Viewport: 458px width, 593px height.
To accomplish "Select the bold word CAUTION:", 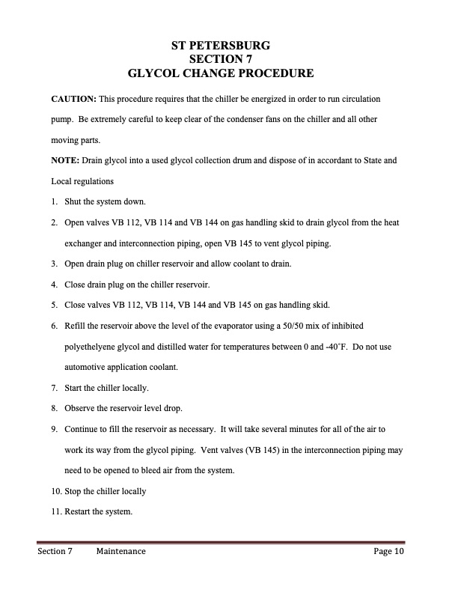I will coord(73,99).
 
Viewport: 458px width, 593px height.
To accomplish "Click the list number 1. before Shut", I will coord(55,202).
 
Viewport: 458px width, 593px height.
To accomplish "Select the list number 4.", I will coord(55,285).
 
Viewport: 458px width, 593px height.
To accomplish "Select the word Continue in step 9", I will coord(82,430).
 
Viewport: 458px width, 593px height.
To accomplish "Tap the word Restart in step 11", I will coord(78,512).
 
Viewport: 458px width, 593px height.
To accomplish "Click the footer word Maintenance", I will coord(120,552).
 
